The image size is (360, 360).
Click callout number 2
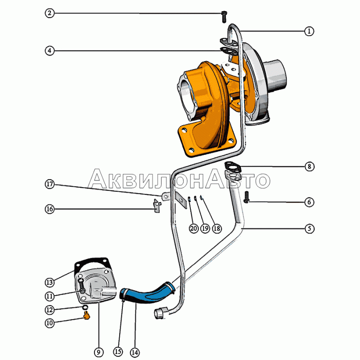(x=49, y=13)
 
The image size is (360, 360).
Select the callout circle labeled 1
(x=309, y=31)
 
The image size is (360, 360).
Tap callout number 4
(x=49, y=50)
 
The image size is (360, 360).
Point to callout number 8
(x=309, y=166)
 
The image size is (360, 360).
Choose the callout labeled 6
(x=309, y=202)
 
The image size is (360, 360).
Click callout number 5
(x=309, y=229)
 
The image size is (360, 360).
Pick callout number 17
(x=49, y=184)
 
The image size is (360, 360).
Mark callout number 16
(x=49, y=209)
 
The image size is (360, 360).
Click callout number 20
(x=193, y=229)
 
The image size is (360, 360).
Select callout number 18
(x=217, y=229)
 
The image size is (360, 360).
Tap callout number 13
(x=49, y=283)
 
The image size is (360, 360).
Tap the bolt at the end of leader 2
(x=224, y=17)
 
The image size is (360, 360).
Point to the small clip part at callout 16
(x=157, y=207)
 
